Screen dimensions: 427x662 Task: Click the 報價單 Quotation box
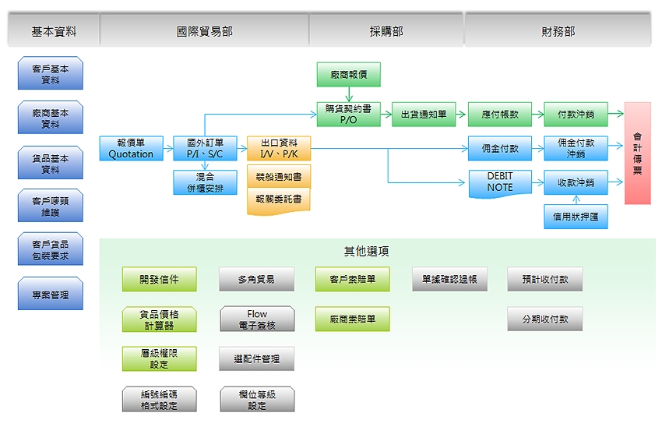point(131,148)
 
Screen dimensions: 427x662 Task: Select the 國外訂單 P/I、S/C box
point(205,148)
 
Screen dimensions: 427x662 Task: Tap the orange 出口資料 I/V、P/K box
point(279,148)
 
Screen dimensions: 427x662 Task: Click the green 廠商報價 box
point(348,75)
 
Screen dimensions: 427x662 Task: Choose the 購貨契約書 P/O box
point(348,114)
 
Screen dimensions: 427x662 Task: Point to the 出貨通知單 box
point(424,114)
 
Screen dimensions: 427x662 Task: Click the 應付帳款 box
point(499,114)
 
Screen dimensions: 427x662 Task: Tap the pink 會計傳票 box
point(637,153)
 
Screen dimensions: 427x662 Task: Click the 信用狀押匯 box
point(576,216)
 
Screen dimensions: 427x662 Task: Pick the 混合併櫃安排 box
point(205,183)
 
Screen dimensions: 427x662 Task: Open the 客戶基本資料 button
point(51,74)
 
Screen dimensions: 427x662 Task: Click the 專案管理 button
point(51,295)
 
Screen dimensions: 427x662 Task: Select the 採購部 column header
point(386,32)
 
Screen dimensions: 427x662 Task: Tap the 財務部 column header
point(558,32)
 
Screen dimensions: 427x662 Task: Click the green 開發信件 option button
point(160,279)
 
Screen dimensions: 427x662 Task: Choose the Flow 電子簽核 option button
point(257,319)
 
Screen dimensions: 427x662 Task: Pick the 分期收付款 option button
point(545,319)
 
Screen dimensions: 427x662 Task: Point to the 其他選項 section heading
point(367,252)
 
